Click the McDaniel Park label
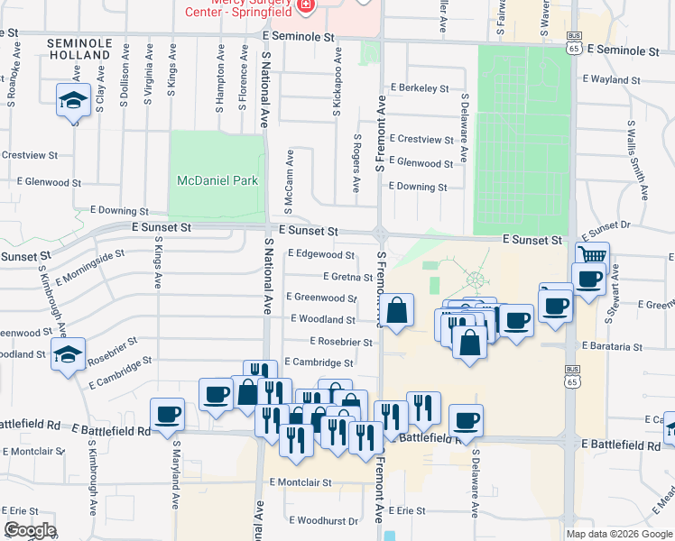click(217, 180)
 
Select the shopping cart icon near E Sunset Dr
click(592, 256)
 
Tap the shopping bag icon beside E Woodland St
click(397, 311)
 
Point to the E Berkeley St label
click(420, 88)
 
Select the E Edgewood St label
click(321, 254)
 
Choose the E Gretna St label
click(337, 276)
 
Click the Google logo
click(29, 530)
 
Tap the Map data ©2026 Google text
click(617, 534)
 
